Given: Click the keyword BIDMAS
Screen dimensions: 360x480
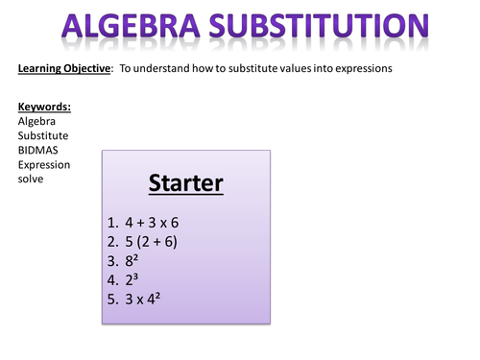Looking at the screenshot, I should [x=39, y=150].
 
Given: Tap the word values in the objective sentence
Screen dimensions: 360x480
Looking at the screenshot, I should [x=282, y=68].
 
